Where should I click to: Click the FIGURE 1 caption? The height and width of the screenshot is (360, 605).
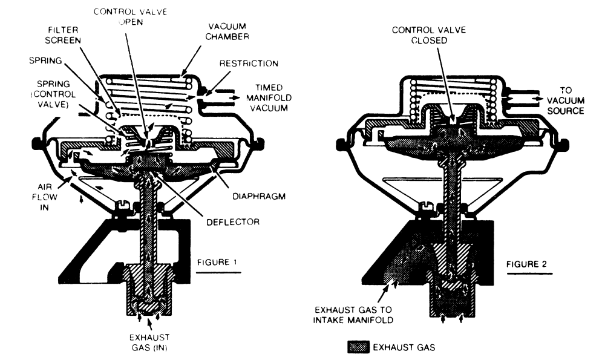pyautogui.click(x=218, y=263)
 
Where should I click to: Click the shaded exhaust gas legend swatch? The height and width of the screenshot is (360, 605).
pyautogui.click(x=359, y=347)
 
